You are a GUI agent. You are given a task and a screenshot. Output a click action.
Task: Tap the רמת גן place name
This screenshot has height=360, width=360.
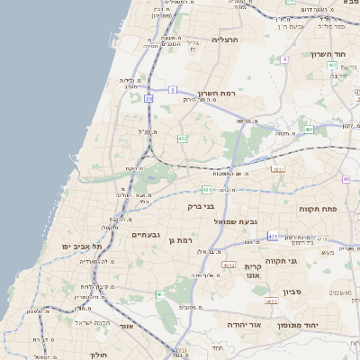tap(182, 240)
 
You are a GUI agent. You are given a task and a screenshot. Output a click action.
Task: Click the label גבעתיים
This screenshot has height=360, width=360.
tap(145, 234)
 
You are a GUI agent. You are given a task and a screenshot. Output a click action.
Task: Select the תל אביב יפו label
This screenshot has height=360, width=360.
tap(82, 246)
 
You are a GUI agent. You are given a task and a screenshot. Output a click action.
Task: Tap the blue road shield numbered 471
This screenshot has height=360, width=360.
tap(272, 237)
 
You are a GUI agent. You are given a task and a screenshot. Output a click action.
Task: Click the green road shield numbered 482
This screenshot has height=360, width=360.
tap(182, 138)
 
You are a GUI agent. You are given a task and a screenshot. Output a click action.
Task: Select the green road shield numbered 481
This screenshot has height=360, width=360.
tap(208, 190)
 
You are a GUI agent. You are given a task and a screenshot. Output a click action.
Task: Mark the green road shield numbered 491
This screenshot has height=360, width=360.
tap(309, 130)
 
